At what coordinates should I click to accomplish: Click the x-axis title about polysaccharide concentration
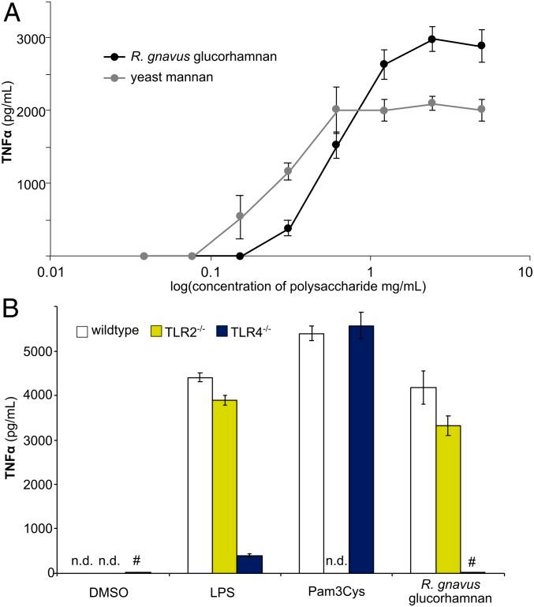click(x=288, y=287)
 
